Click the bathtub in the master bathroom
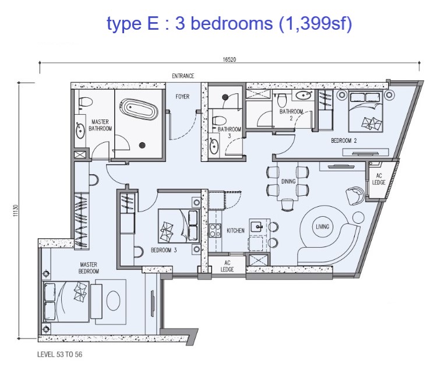tap(139, 108)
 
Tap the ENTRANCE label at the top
tap(183, 76)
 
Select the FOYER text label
tap(182, 97)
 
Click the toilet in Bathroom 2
tap(282, 100)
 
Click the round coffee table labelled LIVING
tap(323, 227)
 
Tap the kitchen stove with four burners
tap(215, 230)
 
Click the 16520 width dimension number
tap(230, 59)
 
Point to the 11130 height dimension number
tap(16, 210)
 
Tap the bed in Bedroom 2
tap(365, 111)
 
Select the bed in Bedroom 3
tap(179, 226)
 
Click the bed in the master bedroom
tap(66, 301)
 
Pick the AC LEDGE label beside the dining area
tap(379, 179)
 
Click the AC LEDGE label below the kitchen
tap(227, 266)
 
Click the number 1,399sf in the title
tap(316, 23)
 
